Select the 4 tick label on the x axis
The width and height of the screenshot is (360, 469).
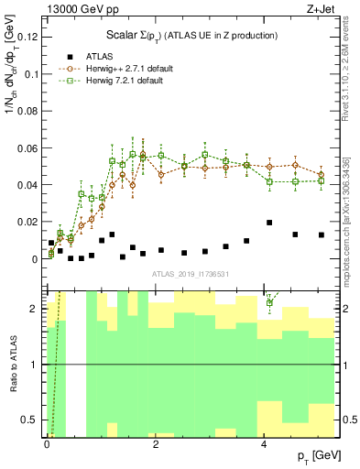point(264,445)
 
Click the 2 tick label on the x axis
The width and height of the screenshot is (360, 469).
point(155,445)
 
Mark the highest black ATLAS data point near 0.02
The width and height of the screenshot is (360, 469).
point(269,223)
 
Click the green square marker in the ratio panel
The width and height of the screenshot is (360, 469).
point(269,302)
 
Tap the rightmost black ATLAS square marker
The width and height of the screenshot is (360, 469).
point(321,235)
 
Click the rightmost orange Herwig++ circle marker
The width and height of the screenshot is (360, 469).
point(321,174)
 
